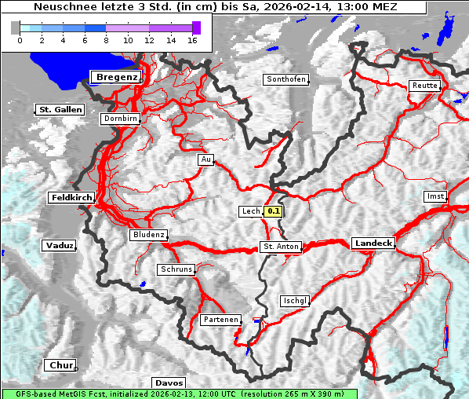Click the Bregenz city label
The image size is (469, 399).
point(116,77)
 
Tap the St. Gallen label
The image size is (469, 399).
point(59,110)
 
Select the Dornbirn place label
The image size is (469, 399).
point(121,119)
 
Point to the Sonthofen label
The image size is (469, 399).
point(285,79)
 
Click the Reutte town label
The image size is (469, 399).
point(425,86)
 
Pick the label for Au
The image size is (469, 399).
point(205,159)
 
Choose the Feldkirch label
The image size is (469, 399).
point(71,198)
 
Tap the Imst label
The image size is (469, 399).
point(434,196)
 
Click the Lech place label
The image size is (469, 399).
point(250,211)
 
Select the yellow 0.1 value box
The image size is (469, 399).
point(273,211)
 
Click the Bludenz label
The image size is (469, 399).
point(148,235)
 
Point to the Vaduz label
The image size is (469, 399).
point(60,246)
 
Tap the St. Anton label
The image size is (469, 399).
point(280,247)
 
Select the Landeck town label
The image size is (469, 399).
point(373,243)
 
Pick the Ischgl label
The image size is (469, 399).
point(296,301)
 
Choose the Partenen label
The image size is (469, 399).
point(220,320)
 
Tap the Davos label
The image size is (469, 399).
point(169,383)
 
